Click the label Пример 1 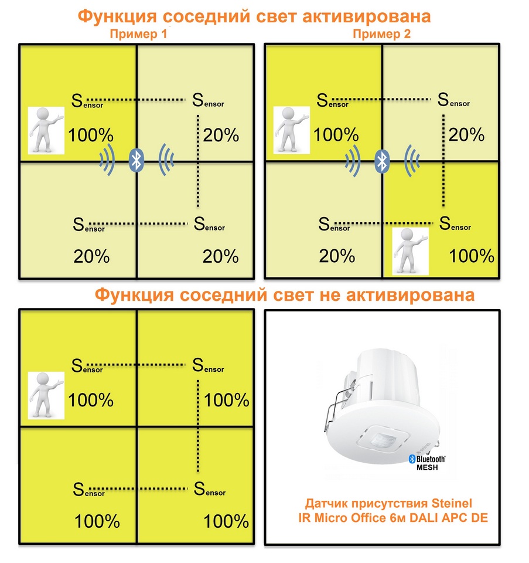click(x=138, y=34)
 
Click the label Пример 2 click(x=381, y=34)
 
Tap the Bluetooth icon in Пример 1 click(x=136, y=160)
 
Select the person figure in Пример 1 click(x=46, y=130)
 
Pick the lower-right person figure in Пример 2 click(x=410, y=252)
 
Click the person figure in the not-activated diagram click(x=46, y=395)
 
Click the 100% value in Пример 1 click(x=91, y=135)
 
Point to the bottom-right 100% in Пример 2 click(x=472, y=256)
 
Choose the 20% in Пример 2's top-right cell click(x=466, y=135)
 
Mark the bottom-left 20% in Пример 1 click(x=91, y=256)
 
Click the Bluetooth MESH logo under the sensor click(x=427, y=463)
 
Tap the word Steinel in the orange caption click(x=452, y=503)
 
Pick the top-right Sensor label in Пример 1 click(x=208, y=100)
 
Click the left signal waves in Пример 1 click(x=107, y=160)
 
